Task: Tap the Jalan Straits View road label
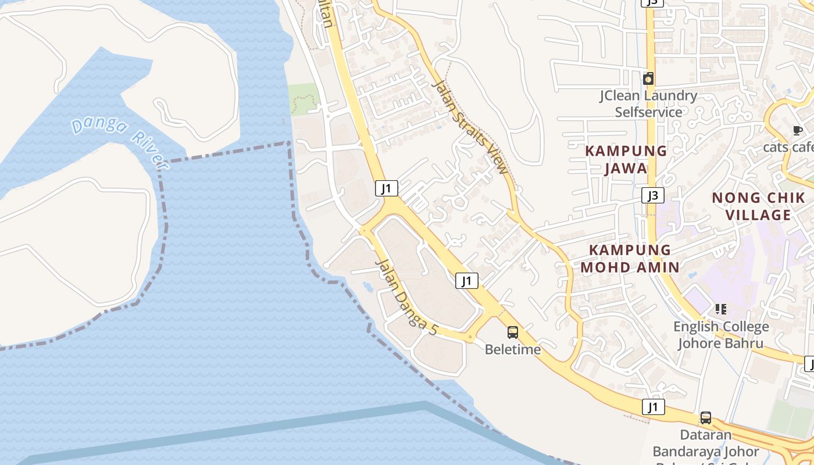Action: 470,127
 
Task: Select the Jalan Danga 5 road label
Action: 406,296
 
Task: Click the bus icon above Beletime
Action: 513,332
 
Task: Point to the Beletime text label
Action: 513,349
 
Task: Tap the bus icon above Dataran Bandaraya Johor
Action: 705,417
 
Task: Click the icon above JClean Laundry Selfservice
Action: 648,78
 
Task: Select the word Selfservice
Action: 649,112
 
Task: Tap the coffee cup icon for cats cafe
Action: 797,130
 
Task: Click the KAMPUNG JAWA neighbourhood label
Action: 626,159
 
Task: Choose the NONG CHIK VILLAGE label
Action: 759,206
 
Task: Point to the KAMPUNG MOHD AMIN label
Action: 630,259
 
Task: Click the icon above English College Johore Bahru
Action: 721,309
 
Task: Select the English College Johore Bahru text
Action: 721,335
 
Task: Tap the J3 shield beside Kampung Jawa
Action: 653,195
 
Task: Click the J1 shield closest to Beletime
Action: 466,281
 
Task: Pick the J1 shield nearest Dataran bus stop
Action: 653,407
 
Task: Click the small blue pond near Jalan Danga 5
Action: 367,286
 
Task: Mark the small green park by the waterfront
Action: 304,99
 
